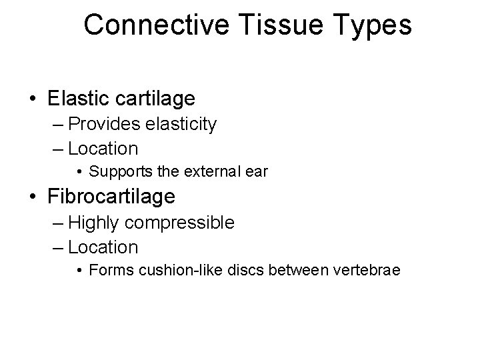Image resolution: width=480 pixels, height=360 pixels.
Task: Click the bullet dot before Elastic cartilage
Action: pyautogui.click(x=34, y=99)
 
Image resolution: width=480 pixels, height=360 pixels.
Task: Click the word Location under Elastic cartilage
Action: pyautogui.click(x=103, y=148)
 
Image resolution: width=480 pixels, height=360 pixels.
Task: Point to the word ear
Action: pyautogui.click(x=257, y=171)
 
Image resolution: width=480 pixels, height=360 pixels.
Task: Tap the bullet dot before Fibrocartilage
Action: pyautogui.click(x=34, y=197)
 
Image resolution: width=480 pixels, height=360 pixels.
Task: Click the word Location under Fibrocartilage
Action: pyautogui.click(x=103, y=247)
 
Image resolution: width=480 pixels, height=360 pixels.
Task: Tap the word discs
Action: pyautogui.click(x=227, y=271)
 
